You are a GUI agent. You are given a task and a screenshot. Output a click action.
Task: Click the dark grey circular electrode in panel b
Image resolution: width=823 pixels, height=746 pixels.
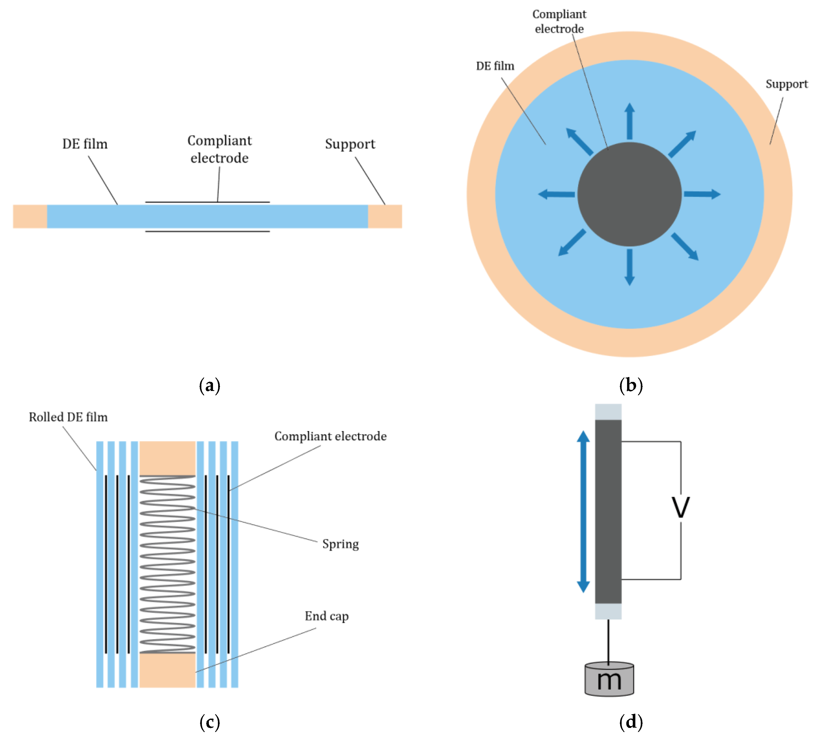coord(629,194)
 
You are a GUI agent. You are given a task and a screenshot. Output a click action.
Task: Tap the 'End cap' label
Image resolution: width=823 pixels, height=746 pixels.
coord(326,616)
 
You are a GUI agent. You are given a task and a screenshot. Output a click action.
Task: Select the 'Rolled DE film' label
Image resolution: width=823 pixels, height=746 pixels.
coord(68,417)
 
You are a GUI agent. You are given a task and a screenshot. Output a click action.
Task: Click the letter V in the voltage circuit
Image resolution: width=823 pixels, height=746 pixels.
coord(681,508)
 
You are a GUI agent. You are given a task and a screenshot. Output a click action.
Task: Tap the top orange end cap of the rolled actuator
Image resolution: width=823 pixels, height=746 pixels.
coord(167,458)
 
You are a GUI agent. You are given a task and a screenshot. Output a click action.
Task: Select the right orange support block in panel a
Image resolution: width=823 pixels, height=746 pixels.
coord(385,216)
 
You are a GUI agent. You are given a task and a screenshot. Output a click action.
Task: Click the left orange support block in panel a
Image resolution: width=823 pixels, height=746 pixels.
coord(30,216)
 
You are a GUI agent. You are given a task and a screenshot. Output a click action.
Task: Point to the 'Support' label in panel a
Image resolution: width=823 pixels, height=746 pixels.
coord(350,144)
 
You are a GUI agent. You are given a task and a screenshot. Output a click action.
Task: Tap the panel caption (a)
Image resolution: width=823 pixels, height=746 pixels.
coord(209,385)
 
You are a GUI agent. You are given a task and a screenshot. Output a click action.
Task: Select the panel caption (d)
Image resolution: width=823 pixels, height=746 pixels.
coord(631,722)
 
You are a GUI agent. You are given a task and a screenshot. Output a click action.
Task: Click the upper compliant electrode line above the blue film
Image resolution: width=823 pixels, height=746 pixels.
coord(207,202)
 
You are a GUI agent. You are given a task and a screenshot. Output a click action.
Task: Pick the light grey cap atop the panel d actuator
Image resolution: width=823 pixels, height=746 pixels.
coord(608,412)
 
